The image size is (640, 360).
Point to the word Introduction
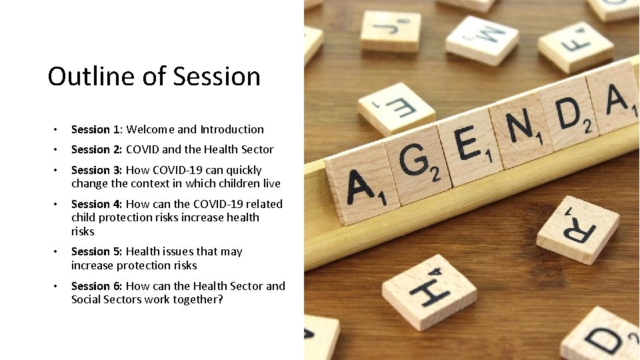pyautogui.click(x=232, y=129)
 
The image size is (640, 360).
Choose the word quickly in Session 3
pyautogui.click(x=241, y=170)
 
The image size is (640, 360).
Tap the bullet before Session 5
pyautogui.click(x=58, y=252)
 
